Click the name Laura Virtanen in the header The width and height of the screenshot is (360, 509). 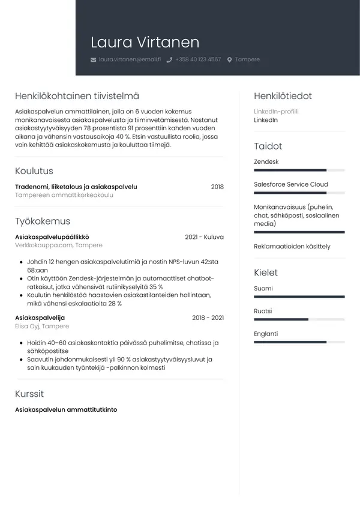tap(145, 43)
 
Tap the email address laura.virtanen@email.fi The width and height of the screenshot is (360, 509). tap(130, 60)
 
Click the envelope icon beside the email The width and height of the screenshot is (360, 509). tap(93, 60)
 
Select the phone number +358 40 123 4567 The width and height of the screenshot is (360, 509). tap(198, 60)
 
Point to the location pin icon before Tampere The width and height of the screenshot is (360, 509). tap(229, 60)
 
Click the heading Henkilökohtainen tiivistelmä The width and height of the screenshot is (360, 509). tap(77, 96)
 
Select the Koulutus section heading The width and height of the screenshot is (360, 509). tap(34, 171)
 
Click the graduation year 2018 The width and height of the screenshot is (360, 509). tap(217, 187)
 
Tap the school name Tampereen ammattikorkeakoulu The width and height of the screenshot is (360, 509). tap(64, 195)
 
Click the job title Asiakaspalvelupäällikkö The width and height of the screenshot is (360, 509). tap(52, 237)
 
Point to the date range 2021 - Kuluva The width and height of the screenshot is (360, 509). tap(204, 237)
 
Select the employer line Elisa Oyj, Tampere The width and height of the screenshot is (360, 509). tap(42, 326)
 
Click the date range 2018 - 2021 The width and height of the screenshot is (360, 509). tap(208, 318)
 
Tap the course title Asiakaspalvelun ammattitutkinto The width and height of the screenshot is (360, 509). tap(66, 410)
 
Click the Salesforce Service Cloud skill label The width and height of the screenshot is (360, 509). tap(291, 184)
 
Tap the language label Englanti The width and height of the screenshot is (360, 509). tap(266, 334)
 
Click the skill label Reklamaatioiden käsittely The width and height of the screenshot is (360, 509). tap(292, 247)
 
